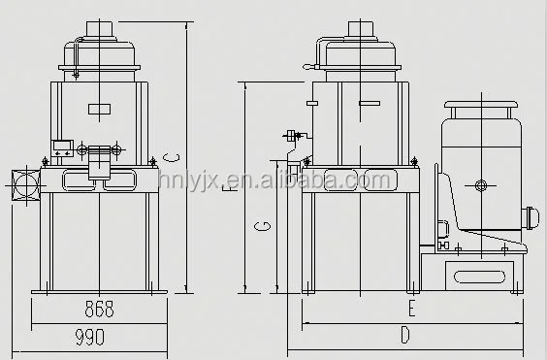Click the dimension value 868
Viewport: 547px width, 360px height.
99,310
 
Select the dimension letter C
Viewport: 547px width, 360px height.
172,155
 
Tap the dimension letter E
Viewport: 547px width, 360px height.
411,310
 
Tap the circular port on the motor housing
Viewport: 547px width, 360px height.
481,184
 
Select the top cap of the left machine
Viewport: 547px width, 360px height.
101,27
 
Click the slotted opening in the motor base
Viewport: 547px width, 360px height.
478,277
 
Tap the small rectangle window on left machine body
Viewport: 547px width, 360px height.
100,109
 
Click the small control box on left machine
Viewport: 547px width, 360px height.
63,147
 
